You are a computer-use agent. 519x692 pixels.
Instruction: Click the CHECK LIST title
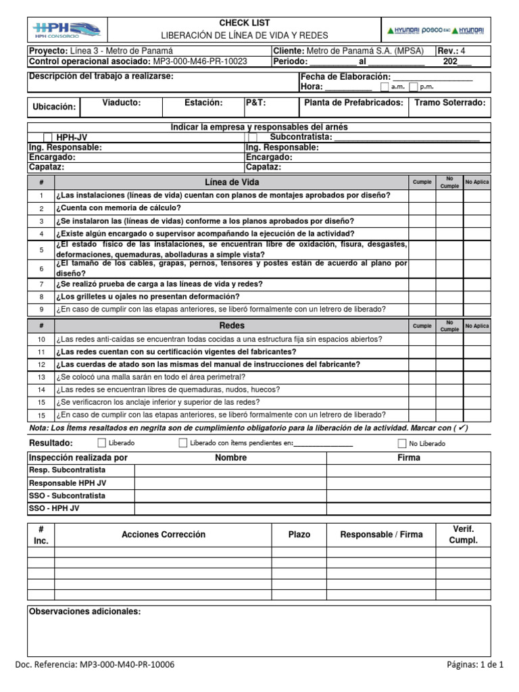pos(245,23)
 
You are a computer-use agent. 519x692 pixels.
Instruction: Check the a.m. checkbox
pos(385,87)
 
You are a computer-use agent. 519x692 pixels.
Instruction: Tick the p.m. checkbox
pos(414,87)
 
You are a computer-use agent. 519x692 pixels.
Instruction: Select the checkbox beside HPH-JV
pos(48,137)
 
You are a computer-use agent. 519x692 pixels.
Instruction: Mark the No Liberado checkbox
pos(403,443)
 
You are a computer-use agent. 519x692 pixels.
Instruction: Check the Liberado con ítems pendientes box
pos(183,443)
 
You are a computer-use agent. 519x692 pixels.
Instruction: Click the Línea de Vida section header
pos(231,182)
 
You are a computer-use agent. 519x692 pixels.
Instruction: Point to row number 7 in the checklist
pos(41,285)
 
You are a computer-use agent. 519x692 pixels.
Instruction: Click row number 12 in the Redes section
pos(41,365)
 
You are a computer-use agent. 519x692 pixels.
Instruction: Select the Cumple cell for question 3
pos(422,221)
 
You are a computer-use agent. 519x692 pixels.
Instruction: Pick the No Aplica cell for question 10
pos(477,339)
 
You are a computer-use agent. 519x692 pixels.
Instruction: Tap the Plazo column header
pos(299,535)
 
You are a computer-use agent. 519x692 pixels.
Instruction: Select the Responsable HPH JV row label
pos(67,483)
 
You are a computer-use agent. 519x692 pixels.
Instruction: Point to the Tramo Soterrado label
pos(452,103)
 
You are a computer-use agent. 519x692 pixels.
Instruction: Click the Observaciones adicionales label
pos(85,612)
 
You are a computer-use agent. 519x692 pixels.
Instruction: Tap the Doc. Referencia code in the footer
pos(94,665)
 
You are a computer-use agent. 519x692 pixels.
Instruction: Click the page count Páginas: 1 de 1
pos(475,665)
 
